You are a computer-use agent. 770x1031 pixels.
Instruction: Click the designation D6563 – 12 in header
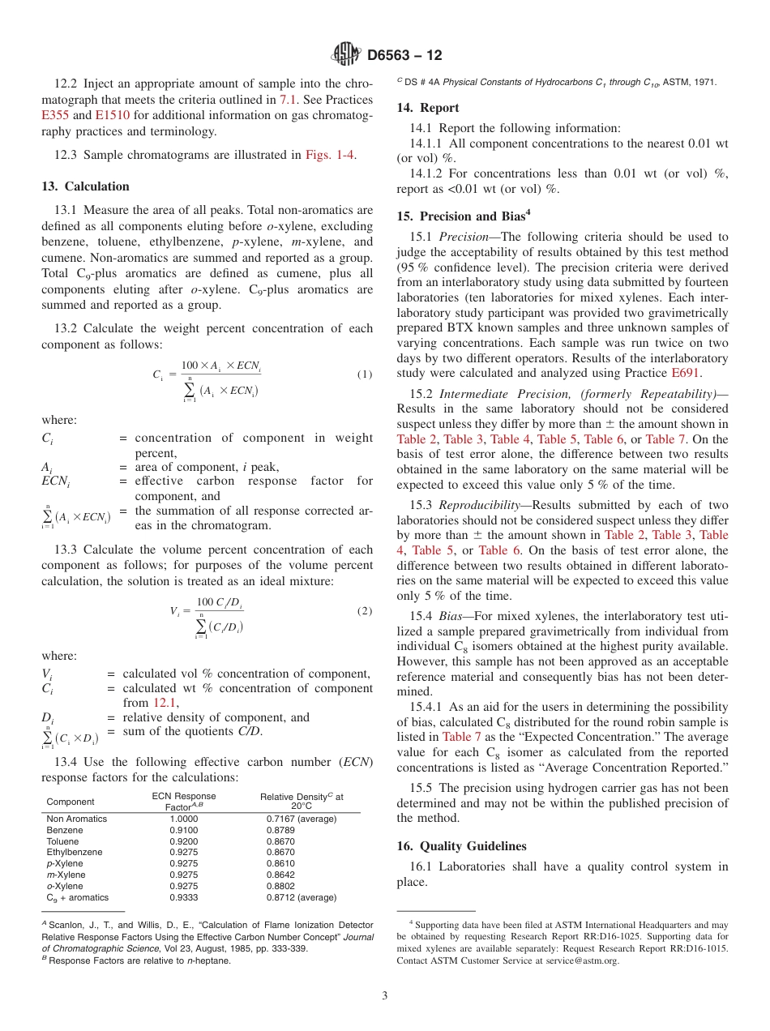coord(404,56)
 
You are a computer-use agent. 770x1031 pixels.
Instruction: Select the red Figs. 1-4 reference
coord(330,155)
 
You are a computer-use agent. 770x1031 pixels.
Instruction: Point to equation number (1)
coord(364,375)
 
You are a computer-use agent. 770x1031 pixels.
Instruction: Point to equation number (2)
coord(364,611)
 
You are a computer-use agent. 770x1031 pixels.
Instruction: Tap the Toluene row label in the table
coord(62,841)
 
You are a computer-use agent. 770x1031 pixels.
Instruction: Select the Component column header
coord(71,802)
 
